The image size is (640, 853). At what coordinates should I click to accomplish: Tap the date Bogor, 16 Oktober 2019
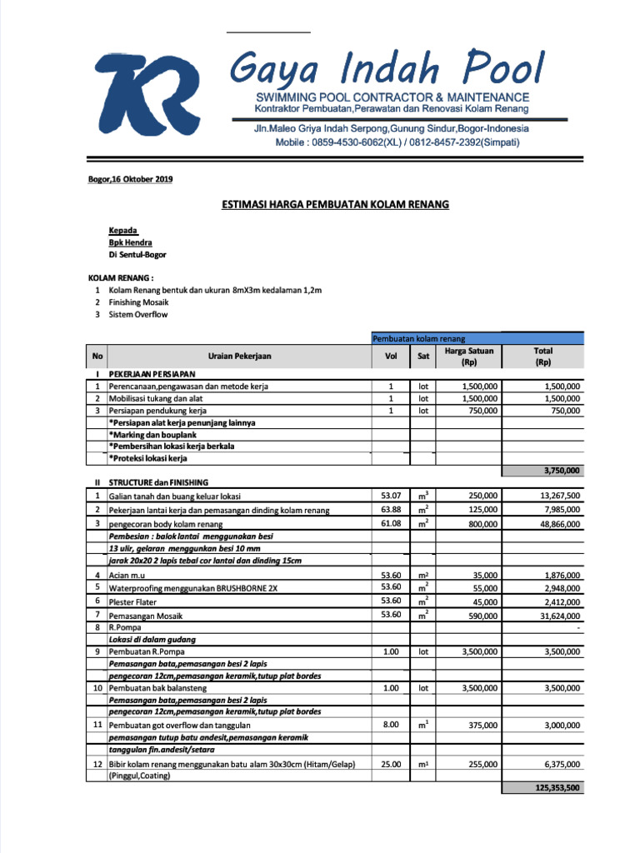tap(131, 180)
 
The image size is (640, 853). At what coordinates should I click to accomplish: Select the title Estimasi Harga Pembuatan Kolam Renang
tap(334, 204)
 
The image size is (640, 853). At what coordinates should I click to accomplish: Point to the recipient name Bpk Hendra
tap(130, 242)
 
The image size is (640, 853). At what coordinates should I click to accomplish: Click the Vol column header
tap(390, 356)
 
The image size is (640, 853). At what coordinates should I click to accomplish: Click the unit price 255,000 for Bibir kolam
tap(482, 764)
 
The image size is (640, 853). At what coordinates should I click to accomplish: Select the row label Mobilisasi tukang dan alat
tap(157, 399)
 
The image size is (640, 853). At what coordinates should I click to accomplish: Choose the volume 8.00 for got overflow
tap(391, 725)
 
